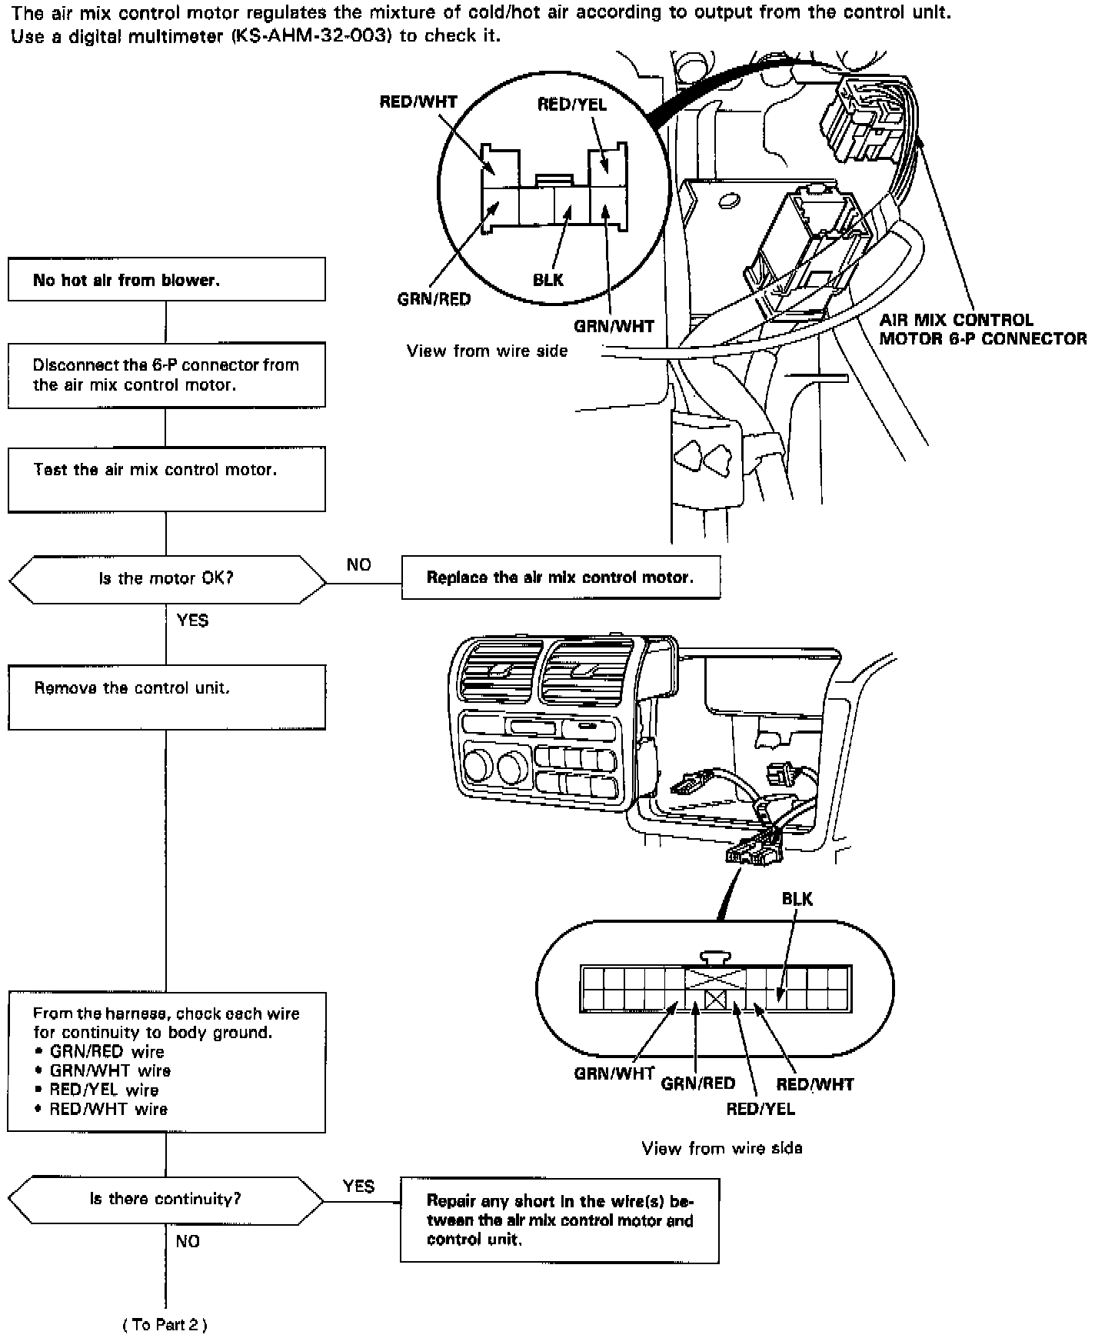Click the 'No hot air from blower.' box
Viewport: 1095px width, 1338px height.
click(166, 279)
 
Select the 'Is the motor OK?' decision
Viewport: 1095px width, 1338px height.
click(166, 578)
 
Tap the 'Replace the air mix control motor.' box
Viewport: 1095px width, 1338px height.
click(561, 577)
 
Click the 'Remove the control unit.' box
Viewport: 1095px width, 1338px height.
click(166, 697)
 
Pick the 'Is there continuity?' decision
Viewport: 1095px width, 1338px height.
click(166, 1199)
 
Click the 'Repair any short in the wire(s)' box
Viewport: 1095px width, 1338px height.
click(559, 1220)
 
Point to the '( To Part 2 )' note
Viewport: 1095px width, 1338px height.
click(165, 1324)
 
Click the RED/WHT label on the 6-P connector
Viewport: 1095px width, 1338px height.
click(418, 102)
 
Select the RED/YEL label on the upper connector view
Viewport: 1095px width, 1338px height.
click(571, 105)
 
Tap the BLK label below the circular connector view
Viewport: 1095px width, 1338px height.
click(548, 280)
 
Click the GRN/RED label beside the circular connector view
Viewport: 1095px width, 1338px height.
click(434, 299)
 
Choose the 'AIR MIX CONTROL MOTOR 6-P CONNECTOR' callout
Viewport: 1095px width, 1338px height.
click(982, 329)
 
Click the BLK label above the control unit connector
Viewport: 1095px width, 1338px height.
click(797, 899)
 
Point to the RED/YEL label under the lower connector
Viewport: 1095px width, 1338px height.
click(761, 1108)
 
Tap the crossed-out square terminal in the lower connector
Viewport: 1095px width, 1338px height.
click(716, 1000)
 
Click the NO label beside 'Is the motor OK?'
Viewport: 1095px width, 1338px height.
click(358, 565)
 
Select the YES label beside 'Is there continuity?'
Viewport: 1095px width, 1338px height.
click(358, 1186)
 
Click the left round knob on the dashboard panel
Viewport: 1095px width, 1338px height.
click(478, 767)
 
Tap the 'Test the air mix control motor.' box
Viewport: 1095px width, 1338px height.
click(166, 479)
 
